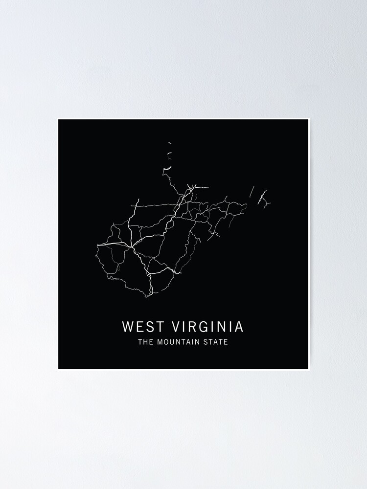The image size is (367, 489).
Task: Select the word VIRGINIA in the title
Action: point(207,326)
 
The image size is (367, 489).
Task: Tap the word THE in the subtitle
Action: point(145,342)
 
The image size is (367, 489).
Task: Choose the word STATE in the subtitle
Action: point(217,342)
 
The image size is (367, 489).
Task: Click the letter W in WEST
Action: point(127,326)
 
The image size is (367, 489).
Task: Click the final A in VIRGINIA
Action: point(239,326)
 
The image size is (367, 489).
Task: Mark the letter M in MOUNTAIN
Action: point(160,342)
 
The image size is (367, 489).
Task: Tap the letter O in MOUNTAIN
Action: point(167,342)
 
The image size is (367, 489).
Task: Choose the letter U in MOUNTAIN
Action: point(173,342)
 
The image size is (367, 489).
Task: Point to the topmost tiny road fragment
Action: point(169,143)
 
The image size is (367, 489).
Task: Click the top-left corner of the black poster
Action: point(58,119)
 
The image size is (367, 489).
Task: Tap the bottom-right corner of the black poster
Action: point(308,369)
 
